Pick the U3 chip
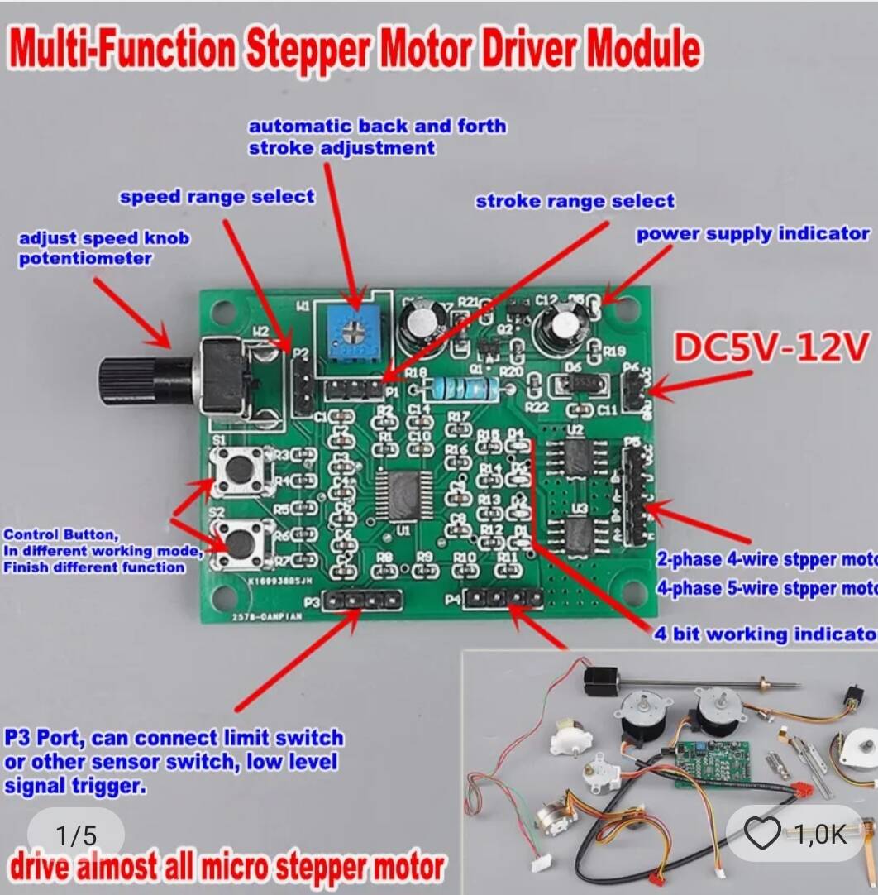pos(578,530)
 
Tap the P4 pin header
pos(503,596)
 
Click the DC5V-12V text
pos(772,347)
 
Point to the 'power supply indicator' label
pos(752,234)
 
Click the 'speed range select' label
pos(217,197)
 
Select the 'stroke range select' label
pos(575,201)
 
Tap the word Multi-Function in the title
pos(124,50)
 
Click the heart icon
pos(761,835)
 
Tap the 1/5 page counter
pos(76,835)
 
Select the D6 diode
pos(575,383)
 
